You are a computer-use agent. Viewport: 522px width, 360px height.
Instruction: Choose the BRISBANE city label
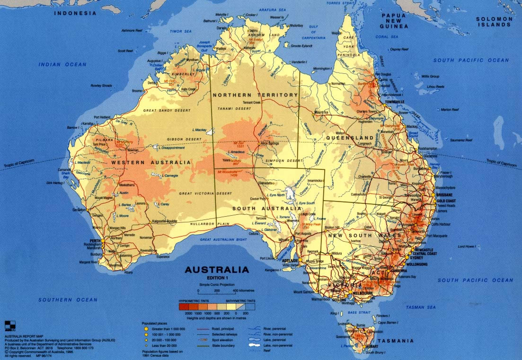click(x=444, y=195)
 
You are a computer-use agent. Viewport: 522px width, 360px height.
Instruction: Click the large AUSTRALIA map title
click(x=217, y=270)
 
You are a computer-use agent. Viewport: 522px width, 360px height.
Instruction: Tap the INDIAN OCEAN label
click(x=63, y=65)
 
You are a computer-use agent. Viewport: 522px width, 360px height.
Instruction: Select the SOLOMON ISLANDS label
click(x=495, y=22)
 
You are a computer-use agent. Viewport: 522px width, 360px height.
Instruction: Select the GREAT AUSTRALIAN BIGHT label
click(x=224, y=240)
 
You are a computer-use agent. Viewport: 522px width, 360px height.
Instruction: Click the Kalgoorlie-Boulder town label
click(x=164, y=221)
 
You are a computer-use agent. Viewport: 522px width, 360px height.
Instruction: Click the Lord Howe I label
click(x=466, y=246)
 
